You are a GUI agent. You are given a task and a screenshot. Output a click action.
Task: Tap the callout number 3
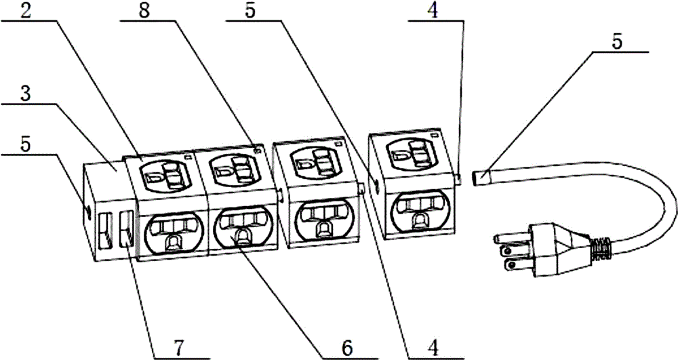[26, 94]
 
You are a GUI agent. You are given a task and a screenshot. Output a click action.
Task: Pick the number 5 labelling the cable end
[617, 42]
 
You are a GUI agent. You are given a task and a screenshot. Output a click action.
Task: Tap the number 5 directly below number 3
[26, 144]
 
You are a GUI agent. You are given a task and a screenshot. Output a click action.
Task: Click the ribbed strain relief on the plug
[601, 249]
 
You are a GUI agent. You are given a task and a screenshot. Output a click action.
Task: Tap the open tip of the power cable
[479, 178]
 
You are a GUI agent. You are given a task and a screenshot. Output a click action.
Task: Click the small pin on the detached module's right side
[458, 178]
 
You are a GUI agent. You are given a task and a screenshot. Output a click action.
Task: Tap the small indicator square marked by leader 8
[258, 150]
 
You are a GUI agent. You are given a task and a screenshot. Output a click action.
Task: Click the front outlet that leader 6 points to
[244, 228]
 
